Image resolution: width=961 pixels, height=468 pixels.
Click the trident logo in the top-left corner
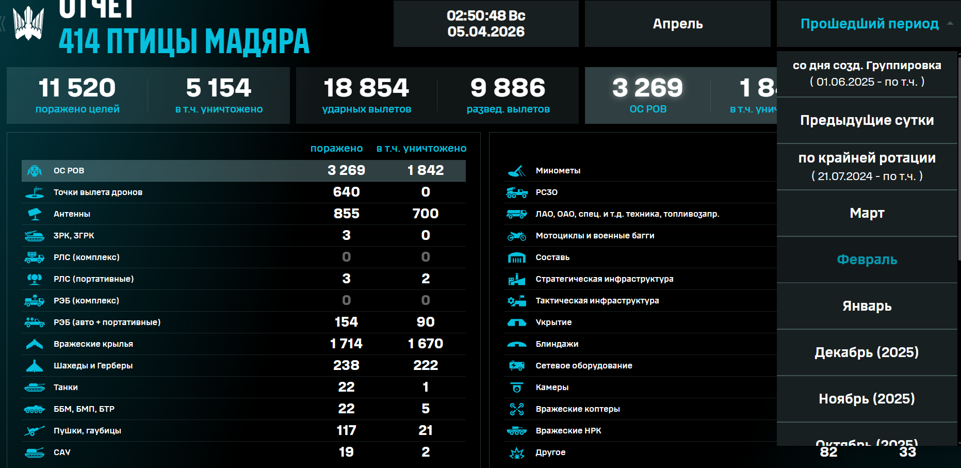28,23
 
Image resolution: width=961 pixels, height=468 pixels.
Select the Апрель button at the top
677,24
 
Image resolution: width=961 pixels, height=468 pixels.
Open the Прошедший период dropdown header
869,24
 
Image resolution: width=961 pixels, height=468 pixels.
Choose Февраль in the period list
867,260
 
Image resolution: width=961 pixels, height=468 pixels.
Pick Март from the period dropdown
867,213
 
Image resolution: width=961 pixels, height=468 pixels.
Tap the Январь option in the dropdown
867,306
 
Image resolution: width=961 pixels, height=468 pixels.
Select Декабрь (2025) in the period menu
867,352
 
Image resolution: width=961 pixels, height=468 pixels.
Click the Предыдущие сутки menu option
867,120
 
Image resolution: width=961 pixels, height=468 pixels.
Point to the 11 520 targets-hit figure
77,88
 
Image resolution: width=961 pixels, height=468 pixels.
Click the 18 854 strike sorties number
366,88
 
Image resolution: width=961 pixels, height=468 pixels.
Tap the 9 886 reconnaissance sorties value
508,88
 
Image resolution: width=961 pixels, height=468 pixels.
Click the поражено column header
336,149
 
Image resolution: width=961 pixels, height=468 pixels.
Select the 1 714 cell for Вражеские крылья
346,344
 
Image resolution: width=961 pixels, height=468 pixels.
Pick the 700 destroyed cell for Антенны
425,214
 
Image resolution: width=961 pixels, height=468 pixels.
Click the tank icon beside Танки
35,387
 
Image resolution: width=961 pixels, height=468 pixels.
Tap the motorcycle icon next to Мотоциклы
516,236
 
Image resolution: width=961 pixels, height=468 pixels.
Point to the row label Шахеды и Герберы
93,365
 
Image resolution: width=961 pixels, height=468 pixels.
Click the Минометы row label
558,171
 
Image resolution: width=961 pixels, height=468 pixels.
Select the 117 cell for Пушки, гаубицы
346,430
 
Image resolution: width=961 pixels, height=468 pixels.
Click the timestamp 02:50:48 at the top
485,16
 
